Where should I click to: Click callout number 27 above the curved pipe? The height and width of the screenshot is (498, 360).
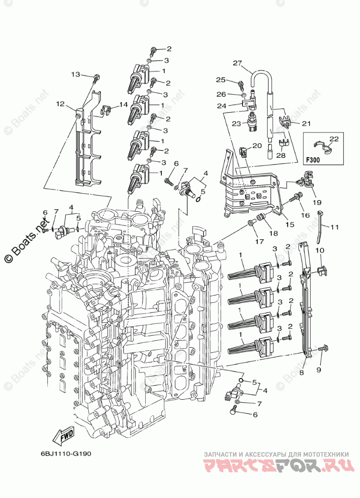pos(237,63)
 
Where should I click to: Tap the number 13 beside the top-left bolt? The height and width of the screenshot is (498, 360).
pos(75,75)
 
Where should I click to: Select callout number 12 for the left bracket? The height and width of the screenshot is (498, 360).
pos(61,104)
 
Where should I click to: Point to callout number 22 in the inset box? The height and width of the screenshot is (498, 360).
pos(333,139)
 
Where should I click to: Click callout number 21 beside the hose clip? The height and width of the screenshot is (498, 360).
pos(307,123)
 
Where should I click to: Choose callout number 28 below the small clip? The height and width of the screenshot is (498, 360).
pos(281,156)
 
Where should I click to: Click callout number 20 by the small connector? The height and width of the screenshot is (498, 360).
pos(257,145)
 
